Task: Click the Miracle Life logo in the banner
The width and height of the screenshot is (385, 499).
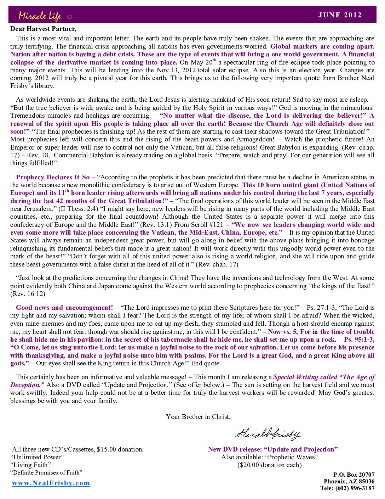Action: [40, 16]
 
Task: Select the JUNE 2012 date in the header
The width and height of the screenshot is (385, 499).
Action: [340, 15]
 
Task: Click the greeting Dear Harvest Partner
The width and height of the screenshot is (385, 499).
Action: [43, 29]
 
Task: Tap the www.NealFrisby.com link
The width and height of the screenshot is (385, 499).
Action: [51, 483]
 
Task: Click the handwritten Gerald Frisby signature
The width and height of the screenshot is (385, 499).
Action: [268, 433]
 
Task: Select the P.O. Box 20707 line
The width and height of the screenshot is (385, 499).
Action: [354, 475]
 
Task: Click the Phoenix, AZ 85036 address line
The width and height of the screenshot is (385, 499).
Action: [349, 481]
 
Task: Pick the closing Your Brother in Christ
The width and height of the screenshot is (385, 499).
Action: [198, 417]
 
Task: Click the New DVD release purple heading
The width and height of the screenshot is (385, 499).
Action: [273, 449]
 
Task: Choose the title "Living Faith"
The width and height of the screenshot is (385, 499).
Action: [31, 465]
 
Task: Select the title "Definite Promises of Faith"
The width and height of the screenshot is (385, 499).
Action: [46, 472]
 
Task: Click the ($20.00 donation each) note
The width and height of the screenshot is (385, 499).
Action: [270, 465]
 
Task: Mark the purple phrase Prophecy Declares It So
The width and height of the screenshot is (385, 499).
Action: [53, 177]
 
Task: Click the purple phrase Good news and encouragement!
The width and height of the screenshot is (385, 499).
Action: [64, 308]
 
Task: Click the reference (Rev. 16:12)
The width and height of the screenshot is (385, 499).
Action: [28, 294]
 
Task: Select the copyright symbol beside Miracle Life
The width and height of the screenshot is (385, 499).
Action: [69, 17]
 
